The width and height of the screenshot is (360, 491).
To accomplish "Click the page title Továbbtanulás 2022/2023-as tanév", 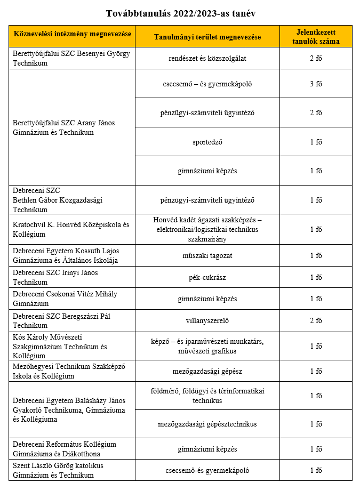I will (180, 12).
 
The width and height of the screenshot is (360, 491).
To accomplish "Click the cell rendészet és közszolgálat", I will (207, 58).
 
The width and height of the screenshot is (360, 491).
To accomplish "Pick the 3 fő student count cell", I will (316, 84).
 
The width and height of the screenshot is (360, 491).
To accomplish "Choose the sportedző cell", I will (207, 142).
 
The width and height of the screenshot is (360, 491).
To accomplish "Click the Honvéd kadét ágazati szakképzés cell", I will (207, 229).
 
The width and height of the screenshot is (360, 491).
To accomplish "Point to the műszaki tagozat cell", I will (207, 255).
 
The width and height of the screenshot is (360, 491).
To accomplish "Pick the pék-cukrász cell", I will (207, 277).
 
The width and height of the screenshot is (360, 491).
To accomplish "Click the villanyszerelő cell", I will (207, 320).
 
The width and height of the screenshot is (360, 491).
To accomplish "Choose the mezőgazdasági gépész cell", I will (207, 371).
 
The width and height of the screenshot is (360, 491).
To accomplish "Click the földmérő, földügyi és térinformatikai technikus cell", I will (207, 396).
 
